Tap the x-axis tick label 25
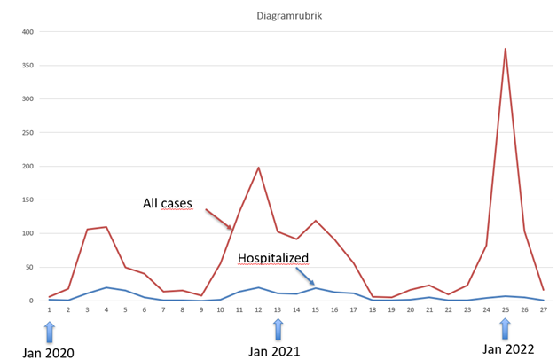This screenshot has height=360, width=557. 505,309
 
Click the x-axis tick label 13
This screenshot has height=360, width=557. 278,309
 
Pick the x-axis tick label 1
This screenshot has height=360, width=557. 50,309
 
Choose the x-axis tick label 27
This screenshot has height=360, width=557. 543,309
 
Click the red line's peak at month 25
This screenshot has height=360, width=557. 505,49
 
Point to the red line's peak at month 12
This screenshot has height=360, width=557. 258,168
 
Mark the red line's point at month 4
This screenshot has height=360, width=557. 106,227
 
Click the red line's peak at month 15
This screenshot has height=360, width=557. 315,221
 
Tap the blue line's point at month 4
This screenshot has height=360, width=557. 106,287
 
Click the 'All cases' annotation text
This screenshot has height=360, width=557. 168,204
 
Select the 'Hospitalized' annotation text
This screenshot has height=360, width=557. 273,258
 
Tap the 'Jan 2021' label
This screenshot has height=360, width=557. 276,351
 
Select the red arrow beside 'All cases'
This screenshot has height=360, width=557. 219,220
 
